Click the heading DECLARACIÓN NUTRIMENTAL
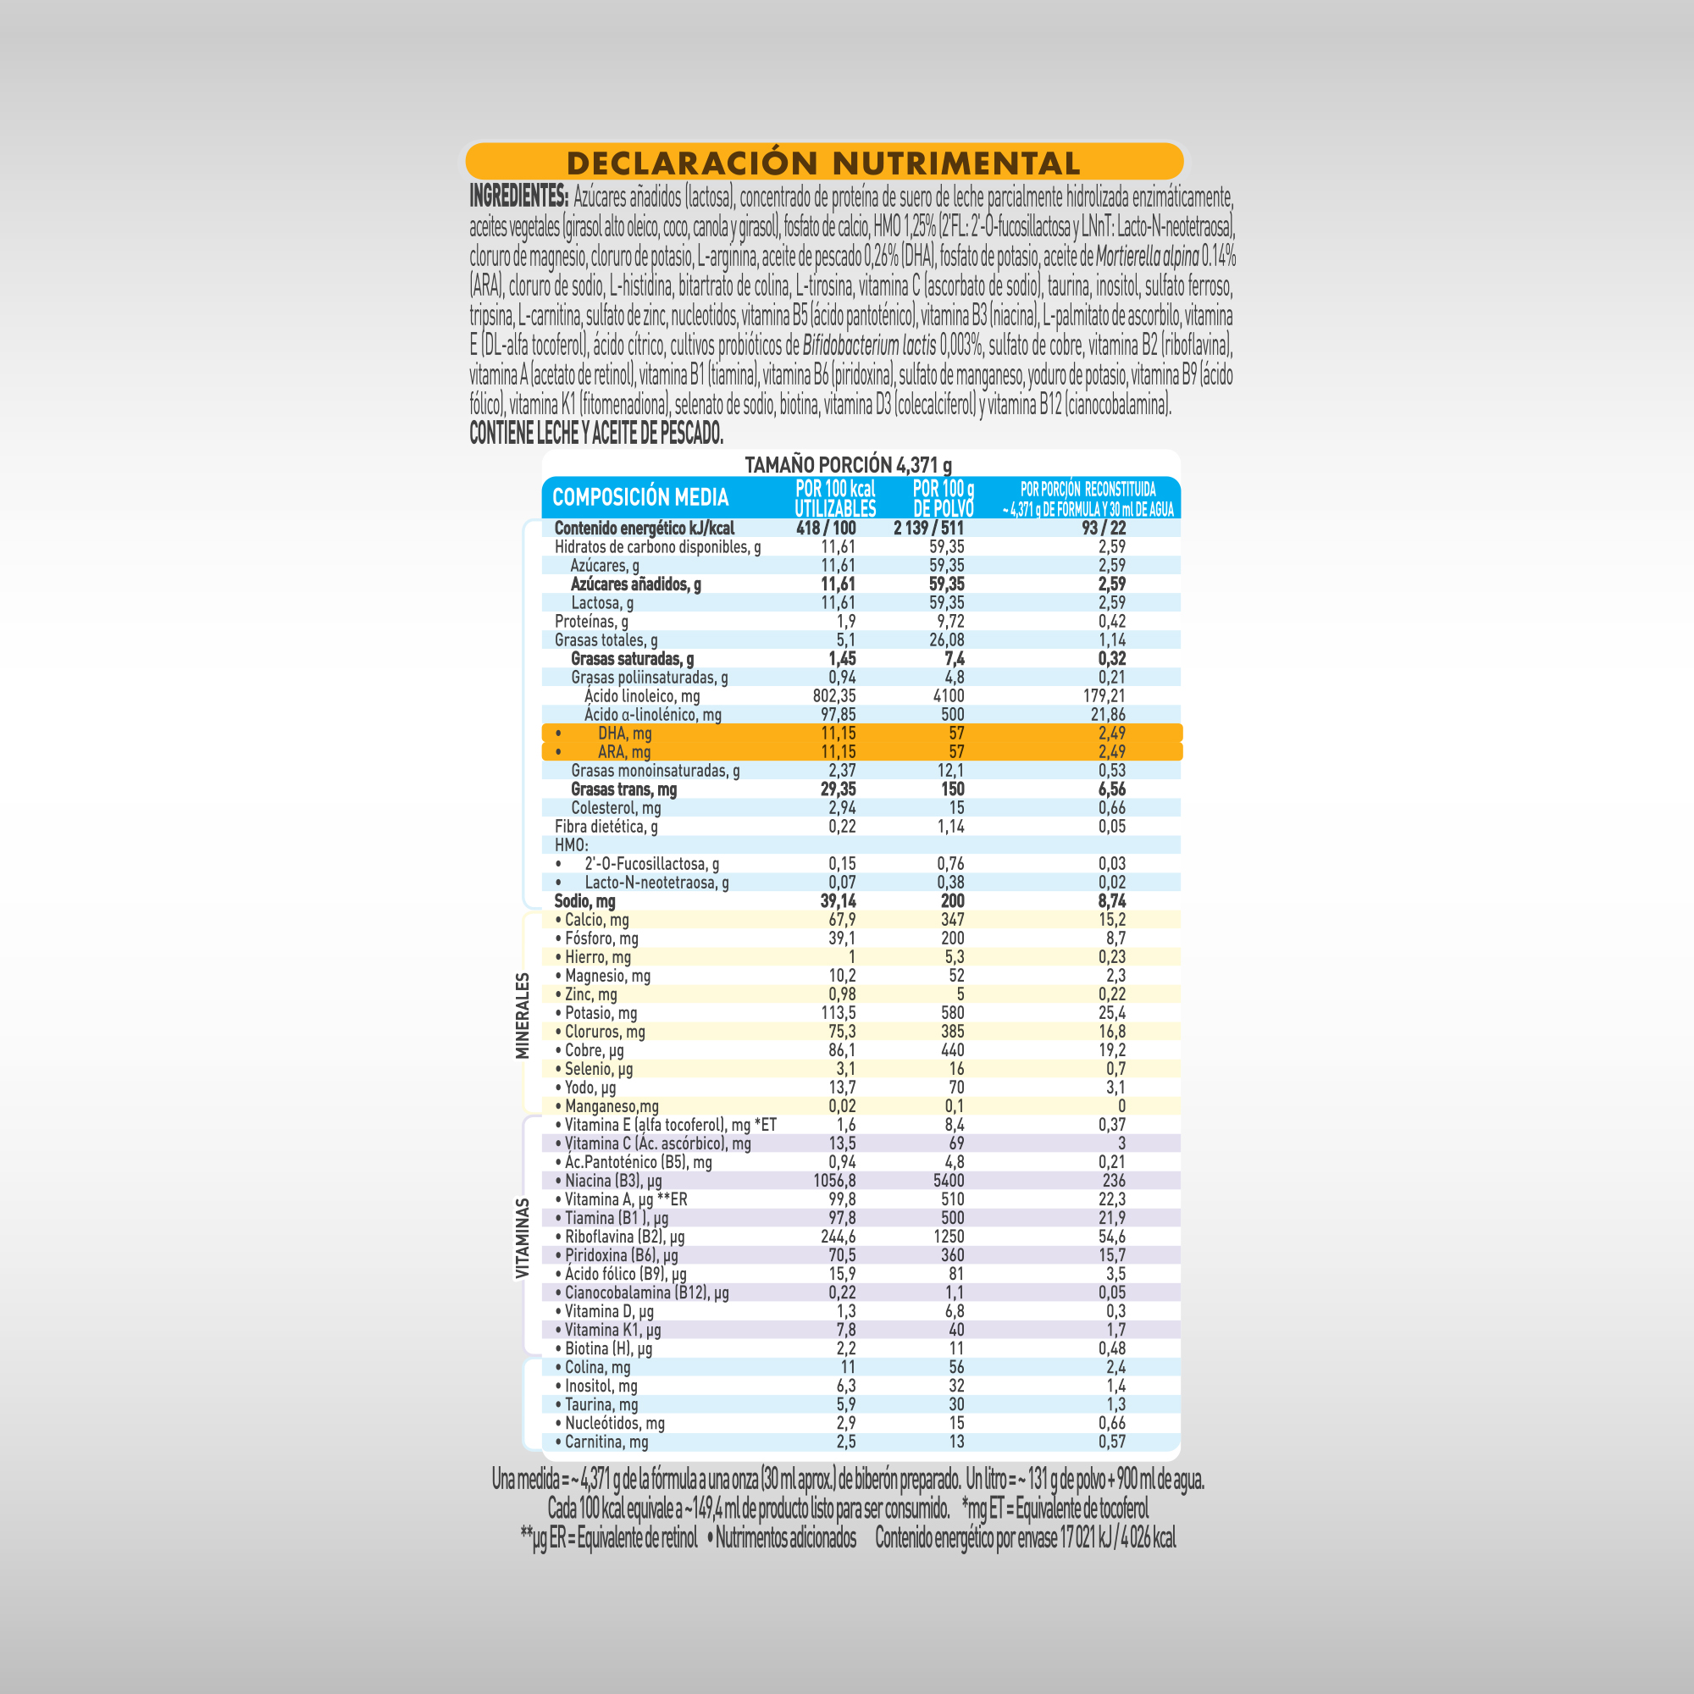(x=823, y=163)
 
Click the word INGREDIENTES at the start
(x=519, y=196)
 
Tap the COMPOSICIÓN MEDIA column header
(x=640, y=497)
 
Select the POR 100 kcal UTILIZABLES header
(x=835, y=498)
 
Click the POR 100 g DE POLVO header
(x=944, y=498)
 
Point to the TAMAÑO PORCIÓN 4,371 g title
(x=848, y=464)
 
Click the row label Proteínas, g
(x=591, y=622)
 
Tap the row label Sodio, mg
(x=584, y=901)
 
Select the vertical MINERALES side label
(x=523, y=1016)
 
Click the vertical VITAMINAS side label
(x=523, y=1238)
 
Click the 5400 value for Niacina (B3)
(x=949, y=1181)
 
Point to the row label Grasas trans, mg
(x=623, y=789)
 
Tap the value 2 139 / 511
(x=928, y=528)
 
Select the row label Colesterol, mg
(x=616, y=808)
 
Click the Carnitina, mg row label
(x=606, y=1442)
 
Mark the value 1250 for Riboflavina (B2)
(x=949, y=1237)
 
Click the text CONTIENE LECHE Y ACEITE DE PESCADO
(x=596, y=432)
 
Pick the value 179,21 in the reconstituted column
(x=1104, y=696)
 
